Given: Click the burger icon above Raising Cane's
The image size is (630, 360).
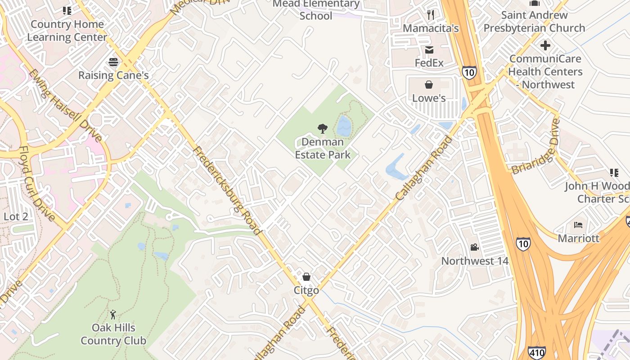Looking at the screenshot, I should tap(113, 62).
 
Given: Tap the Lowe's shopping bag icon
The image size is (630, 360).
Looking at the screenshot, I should tap(429, 85).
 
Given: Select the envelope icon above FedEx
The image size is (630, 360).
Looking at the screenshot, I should tap(429, 49).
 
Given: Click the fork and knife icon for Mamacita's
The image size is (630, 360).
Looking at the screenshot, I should tap(431, 15).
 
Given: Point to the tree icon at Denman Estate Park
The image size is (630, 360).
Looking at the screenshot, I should tap(322, 129).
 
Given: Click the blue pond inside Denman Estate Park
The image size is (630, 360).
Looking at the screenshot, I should tap(344, 126).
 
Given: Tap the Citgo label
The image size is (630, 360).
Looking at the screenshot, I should tap(306, 290).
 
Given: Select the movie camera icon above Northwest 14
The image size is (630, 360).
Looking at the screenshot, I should tap(474, 247).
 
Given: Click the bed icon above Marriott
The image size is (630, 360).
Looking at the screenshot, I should tap(578, 225).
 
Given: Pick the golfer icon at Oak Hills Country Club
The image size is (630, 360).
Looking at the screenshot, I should tap(113, 314).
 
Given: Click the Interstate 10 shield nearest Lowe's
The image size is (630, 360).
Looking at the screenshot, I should tap(469, 72).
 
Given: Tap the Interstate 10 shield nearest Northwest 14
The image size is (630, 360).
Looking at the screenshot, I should tap(523, 243).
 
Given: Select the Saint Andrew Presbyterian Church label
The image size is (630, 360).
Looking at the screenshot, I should tap(534, 21).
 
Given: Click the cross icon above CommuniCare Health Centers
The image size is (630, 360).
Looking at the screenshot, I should tap(545, 45).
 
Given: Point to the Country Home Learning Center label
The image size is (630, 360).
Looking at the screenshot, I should tap(67, 31).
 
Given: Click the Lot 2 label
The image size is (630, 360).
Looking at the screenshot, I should tap(16, 216).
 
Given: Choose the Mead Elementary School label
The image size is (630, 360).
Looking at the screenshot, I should tap(316, 10).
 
